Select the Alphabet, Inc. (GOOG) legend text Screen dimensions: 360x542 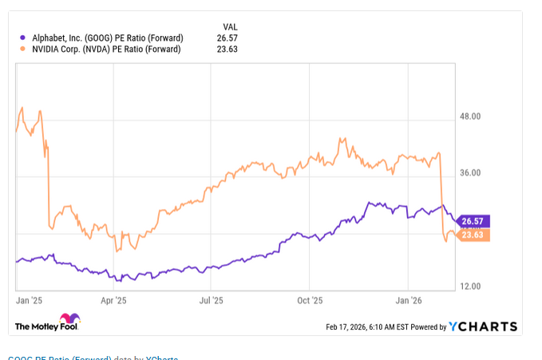105,38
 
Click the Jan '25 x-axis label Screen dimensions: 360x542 30,301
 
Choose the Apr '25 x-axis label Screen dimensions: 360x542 113,301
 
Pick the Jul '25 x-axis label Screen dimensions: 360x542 211,301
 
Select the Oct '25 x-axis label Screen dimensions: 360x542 310,301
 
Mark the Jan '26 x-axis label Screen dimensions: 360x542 409,301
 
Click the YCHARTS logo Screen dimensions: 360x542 482,326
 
